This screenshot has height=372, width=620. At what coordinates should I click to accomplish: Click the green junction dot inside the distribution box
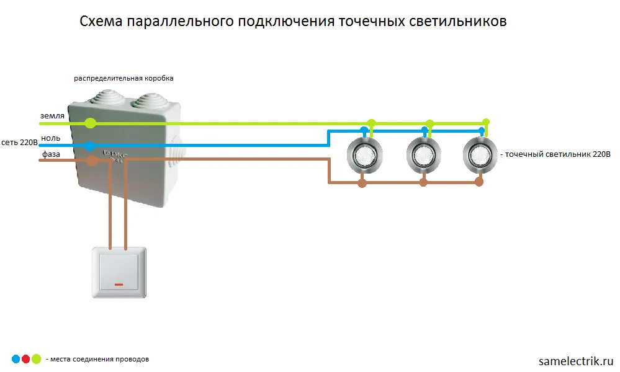[x=91, y=123]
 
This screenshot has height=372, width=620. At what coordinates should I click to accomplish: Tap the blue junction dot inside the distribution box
[x=90, y=146]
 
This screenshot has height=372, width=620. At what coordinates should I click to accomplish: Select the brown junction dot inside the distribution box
[x=92, y=161]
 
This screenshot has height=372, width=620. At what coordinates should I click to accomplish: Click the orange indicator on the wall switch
[x=119, y=285]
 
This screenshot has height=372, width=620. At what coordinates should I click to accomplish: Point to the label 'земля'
[x=52, y=116]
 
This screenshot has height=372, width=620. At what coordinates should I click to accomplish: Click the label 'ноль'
[x=51, y=138]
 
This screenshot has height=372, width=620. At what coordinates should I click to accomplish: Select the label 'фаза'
[x=51, y=153]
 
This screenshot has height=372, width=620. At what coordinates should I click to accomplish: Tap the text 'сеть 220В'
[x=20, y=142]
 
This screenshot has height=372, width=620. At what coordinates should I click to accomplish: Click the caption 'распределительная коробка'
[x=124, y=79]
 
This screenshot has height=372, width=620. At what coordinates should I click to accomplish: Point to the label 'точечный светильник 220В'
[x=559, y=154]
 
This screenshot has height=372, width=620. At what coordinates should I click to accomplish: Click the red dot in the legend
[x=25, y=358]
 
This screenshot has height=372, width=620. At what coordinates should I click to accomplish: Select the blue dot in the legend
[x=16, y=358]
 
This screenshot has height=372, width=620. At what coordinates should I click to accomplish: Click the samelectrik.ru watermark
[x=576, y=360]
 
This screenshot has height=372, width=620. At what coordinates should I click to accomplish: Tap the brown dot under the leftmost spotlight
[x=362, y=183]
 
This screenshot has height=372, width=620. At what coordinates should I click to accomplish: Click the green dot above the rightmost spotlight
[x=486, y=122]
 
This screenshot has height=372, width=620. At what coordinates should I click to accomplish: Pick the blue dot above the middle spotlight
[x=425, y=131]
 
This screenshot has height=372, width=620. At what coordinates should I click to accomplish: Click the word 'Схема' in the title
[x=101, y=22]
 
